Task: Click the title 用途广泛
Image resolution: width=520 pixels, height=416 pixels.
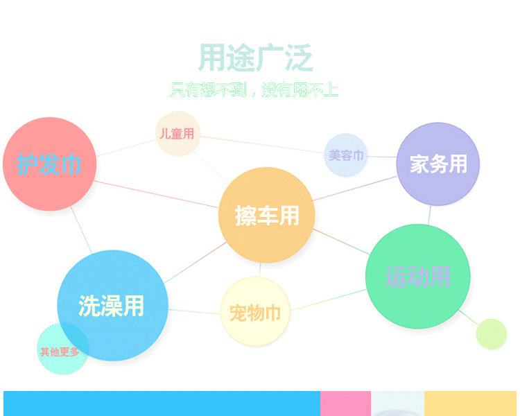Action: click(x=255, y=58)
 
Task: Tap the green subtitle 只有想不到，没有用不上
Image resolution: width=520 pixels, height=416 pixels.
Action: click(x=254, y=89)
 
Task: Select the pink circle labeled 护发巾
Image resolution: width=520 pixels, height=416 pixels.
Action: click(x=50, y=164)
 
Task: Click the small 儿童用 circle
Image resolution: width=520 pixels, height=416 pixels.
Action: click(x=178, y=133)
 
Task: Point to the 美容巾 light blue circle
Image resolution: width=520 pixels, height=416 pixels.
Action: click(x=345, y=155)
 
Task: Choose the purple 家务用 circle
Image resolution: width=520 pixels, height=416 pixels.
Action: click(x=438, y=164)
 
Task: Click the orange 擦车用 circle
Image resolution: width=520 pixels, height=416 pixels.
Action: click(x=267, y=216)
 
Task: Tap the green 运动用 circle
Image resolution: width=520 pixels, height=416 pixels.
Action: click(x=418, y=277)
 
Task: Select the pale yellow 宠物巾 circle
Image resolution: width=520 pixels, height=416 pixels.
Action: click(x=255, y=311)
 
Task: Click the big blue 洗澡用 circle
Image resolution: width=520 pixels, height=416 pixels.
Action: click(x=113, y=305)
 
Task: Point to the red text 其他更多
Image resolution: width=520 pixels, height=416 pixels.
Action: click(x=60, y=352)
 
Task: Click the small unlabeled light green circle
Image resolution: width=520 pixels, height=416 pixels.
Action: click(x=491, y=333)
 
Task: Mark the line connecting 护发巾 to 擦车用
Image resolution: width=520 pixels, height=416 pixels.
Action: click(x=157, y=194)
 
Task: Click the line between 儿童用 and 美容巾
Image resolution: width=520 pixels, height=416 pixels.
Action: click(x=262, y=144)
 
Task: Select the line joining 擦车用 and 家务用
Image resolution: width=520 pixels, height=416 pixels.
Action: click(x=354, y=189)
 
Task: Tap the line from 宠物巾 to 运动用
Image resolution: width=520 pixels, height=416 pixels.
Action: click(x=328, y=300)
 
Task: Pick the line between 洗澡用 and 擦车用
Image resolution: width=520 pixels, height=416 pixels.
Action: click(x=196, y=263)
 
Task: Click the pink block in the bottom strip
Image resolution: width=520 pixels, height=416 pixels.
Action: click(x=345, y=404)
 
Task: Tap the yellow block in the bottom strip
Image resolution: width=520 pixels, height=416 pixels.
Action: click(x=470, y=404)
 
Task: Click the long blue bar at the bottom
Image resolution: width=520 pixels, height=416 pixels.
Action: click(x=162, y=404)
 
